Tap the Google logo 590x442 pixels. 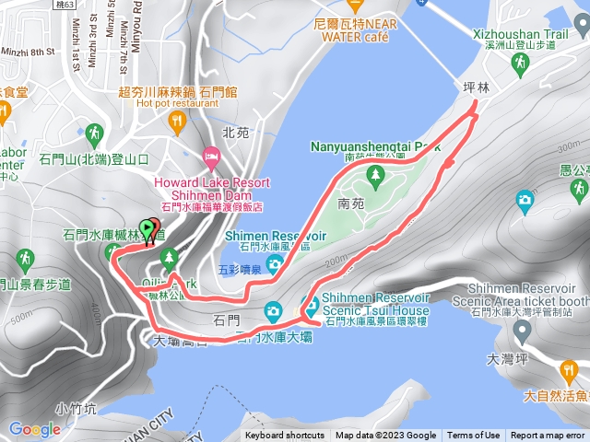coord(35,429)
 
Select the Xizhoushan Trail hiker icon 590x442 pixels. coord(520,62)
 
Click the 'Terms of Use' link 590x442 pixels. coord(474,436)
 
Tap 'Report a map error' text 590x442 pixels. coord(549,436)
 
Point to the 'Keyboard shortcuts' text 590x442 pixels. coord(285,436)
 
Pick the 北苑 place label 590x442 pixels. coord(236,133)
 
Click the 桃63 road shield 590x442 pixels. coord(66,4)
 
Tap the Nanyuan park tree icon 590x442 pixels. coord(374,174)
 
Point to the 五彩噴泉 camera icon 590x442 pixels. coord(274,265)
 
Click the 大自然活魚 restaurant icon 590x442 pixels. coord(569,371)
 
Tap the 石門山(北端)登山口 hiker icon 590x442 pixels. coord(93,135)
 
